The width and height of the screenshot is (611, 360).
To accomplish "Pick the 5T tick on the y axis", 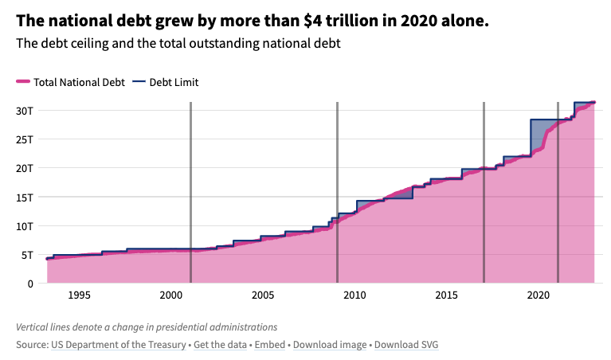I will (27, 255).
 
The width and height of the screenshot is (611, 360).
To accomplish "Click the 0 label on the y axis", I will (30, 284).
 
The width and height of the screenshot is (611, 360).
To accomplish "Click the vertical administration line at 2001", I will (190, 192).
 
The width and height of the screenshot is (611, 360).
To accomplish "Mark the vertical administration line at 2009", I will (338, 192).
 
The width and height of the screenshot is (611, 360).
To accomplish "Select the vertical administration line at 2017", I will (484, 192).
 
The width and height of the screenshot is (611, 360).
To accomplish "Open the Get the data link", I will (220, 345).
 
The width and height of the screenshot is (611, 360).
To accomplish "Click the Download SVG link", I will (406, 345).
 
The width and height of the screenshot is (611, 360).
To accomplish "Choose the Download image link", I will (330, 345).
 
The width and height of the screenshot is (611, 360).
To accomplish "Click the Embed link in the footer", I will (270, 345).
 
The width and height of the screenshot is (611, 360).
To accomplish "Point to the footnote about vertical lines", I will (147, 327).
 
